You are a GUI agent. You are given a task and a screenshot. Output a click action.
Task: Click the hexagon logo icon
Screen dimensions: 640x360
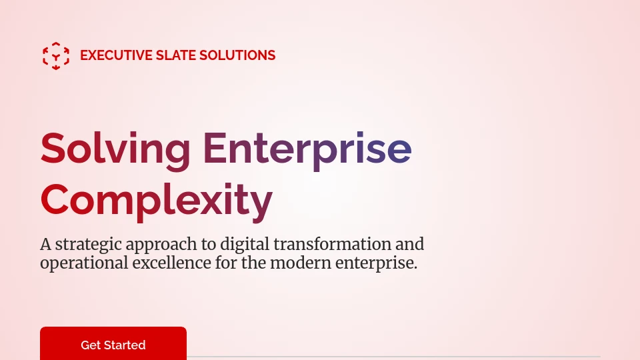pos(56,56)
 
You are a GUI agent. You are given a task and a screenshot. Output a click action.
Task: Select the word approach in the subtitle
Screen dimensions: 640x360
pos(161,245)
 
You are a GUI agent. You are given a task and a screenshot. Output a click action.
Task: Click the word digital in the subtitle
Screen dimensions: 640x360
pos(245,245)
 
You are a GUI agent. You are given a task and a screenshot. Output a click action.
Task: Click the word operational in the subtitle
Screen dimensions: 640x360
pos(85,263)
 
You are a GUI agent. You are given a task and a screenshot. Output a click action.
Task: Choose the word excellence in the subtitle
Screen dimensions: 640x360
pos(172,263)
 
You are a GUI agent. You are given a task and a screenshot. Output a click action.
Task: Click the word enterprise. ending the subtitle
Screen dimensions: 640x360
pos(376,263)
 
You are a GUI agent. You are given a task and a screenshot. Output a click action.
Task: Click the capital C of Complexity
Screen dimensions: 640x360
pos(54,199)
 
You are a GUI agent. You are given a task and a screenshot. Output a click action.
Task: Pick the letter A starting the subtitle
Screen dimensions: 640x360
pos(46,245)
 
